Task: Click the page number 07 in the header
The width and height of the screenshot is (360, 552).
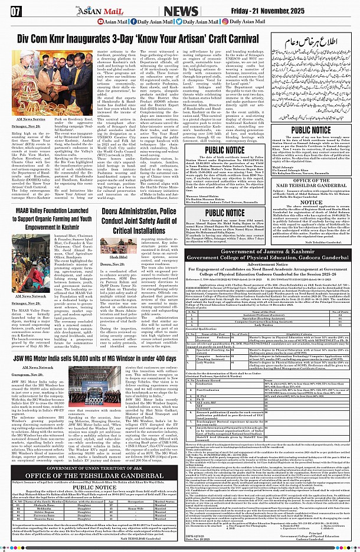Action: coord(16,11)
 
